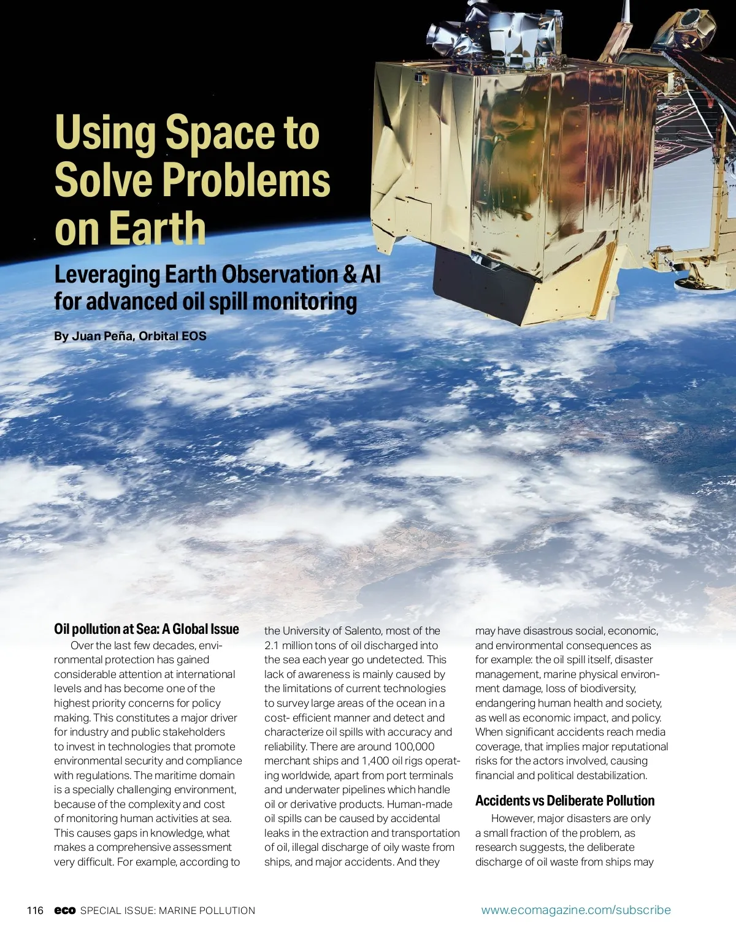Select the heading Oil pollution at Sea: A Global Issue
click(x=147, y=629)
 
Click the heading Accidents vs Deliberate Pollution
click(x=565, y=801)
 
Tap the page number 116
click(x=35, y=910)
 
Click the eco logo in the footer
click(x=64, y=910)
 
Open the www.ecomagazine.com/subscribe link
click(x=576, y=910)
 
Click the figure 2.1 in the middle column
click(x=272, y=645)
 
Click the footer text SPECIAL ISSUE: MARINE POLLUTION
click(x=167, y=910)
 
